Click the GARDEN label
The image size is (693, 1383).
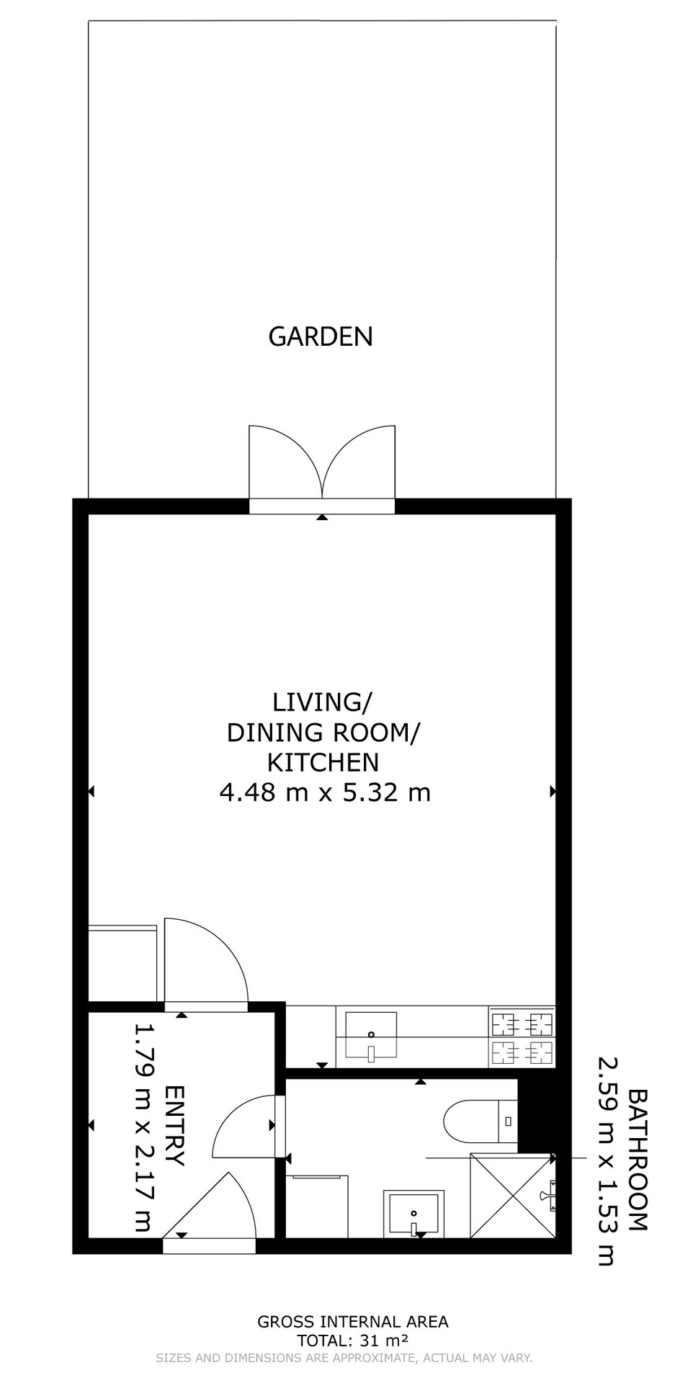[321, 336]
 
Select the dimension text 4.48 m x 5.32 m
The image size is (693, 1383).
[325, 793]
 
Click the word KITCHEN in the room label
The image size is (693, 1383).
[323, 762]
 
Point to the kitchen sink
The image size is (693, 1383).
[371, 1036]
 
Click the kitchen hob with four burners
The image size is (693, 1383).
[522, 1037]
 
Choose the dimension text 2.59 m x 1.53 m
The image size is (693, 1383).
[607, 1160]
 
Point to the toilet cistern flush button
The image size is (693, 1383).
[509, 1122]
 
